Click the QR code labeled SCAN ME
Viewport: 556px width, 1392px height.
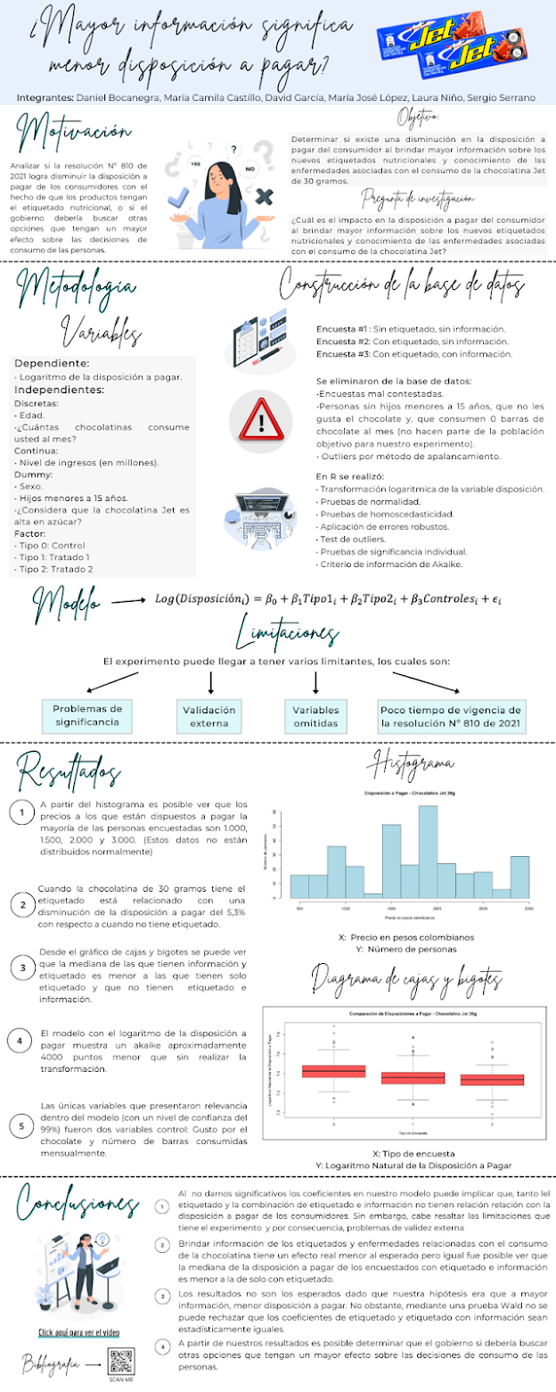point(122,1359)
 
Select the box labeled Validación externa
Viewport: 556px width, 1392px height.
point(210,715)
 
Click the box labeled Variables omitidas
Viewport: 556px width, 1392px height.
point(316,715)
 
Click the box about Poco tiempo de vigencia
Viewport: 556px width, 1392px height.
point(452,715)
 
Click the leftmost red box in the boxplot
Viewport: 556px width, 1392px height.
point(333,1070)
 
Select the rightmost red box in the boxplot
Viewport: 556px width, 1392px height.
point(492,1079)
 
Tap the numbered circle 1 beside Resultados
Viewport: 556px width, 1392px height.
point(20,812)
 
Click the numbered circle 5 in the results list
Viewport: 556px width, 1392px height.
point(21,1126)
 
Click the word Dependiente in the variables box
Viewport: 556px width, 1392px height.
point(51,364)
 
